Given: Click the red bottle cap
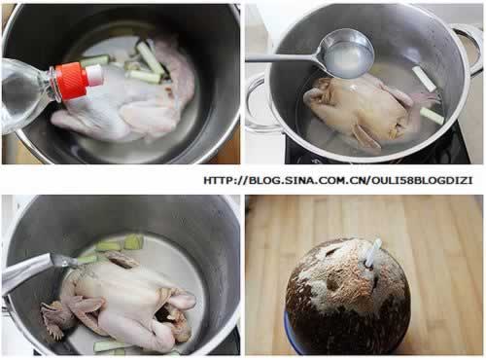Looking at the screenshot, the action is coord(72,81).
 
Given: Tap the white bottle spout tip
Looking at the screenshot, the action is coord(95,75).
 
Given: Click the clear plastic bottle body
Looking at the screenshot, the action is coord(24,94).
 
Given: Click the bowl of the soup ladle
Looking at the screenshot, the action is coord(347,54).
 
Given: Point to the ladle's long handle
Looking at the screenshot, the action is coord(285,57).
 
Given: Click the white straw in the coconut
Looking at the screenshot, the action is coord(372,254).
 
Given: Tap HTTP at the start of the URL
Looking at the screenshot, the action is coord(218,180).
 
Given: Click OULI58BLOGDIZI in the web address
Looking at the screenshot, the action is coord(422,180).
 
